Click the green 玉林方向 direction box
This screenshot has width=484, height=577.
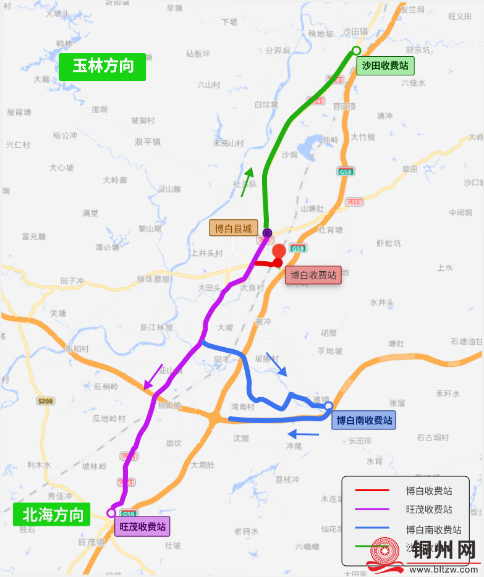[x=103, y=66]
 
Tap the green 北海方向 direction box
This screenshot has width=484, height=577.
[x=53, y=515]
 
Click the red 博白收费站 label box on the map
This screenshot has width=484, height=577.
[x=313, y=275]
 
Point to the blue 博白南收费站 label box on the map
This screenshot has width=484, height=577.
[x=364, y=421]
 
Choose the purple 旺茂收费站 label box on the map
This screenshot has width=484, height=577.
[x=142, y=527]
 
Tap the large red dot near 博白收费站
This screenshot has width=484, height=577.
[x=279, y=251]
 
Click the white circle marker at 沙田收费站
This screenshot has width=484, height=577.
[x=356, y=50]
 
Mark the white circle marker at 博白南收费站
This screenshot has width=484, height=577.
[x=329, y=406]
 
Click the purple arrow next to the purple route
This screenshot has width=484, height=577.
[x=153, y=376]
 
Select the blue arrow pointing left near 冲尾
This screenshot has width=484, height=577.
[x=304, y=434]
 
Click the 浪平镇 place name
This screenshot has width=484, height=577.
[x=148, y=141]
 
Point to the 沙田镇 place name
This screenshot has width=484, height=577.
[x=355, y=31]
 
